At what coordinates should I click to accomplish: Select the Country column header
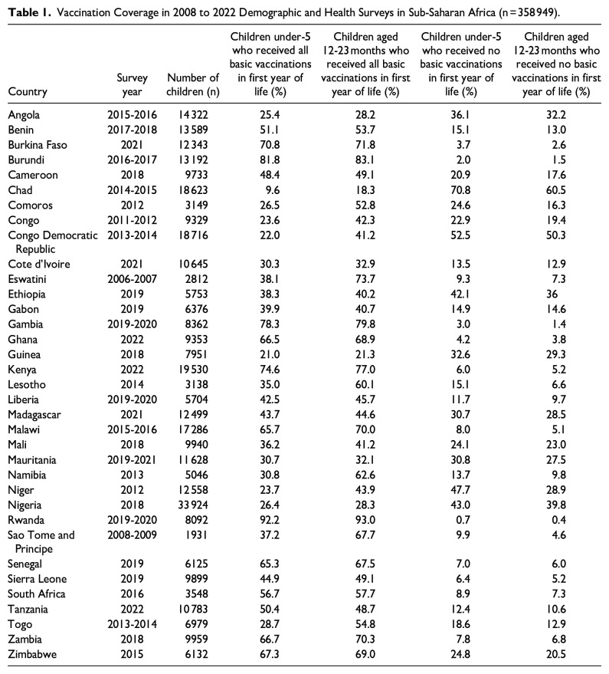point(28,91)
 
